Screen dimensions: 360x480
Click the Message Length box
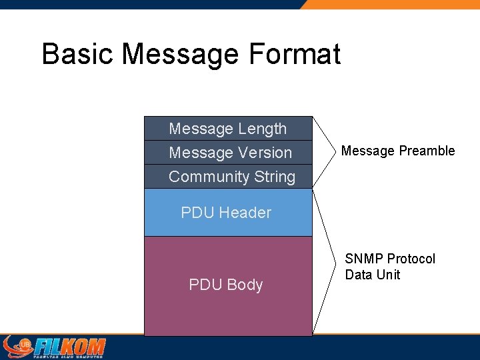pyautogui.click(x=228, y=129)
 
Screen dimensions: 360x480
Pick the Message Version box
pyautogui.click(x=228, y=153)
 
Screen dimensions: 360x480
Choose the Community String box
pyautogui.click(x=228, y=177)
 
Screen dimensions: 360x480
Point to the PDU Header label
pyautogui.click(x=226, y=213)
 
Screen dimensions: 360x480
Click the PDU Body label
pyautogui.click(x=226, y=285)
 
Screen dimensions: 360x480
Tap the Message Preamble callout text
pyautogui.click(x=398, y=151)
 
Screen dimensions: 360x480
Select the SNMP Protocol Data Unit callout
pyautogui.click(x=389, y=267)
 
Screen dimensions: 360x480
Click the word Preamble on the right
pyautogui.click(x=427, y=151)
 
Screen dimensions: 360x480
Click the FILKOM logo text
pyautogui.click(x=70, y=347)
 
